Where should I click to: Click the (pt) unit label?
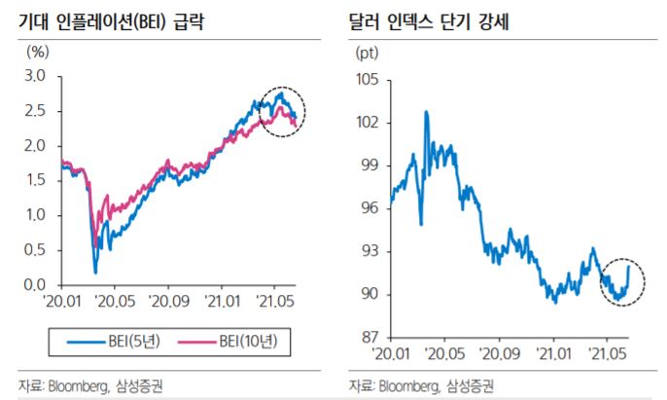click(x=369, y=51)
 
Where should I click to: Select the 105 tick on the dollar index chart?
click(x=367, y=79)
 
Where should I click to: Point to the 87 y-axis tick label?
click(x=369, y=338)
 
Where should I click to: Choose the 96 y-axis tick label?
click(x=369, y=208)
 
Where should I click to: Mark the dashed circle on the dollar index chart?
click(x=621, y=281)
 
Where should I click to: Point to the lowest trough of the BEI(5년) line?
click(x=95, y=272)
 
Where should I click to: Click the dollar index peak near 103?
click(x=426, y=113)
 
